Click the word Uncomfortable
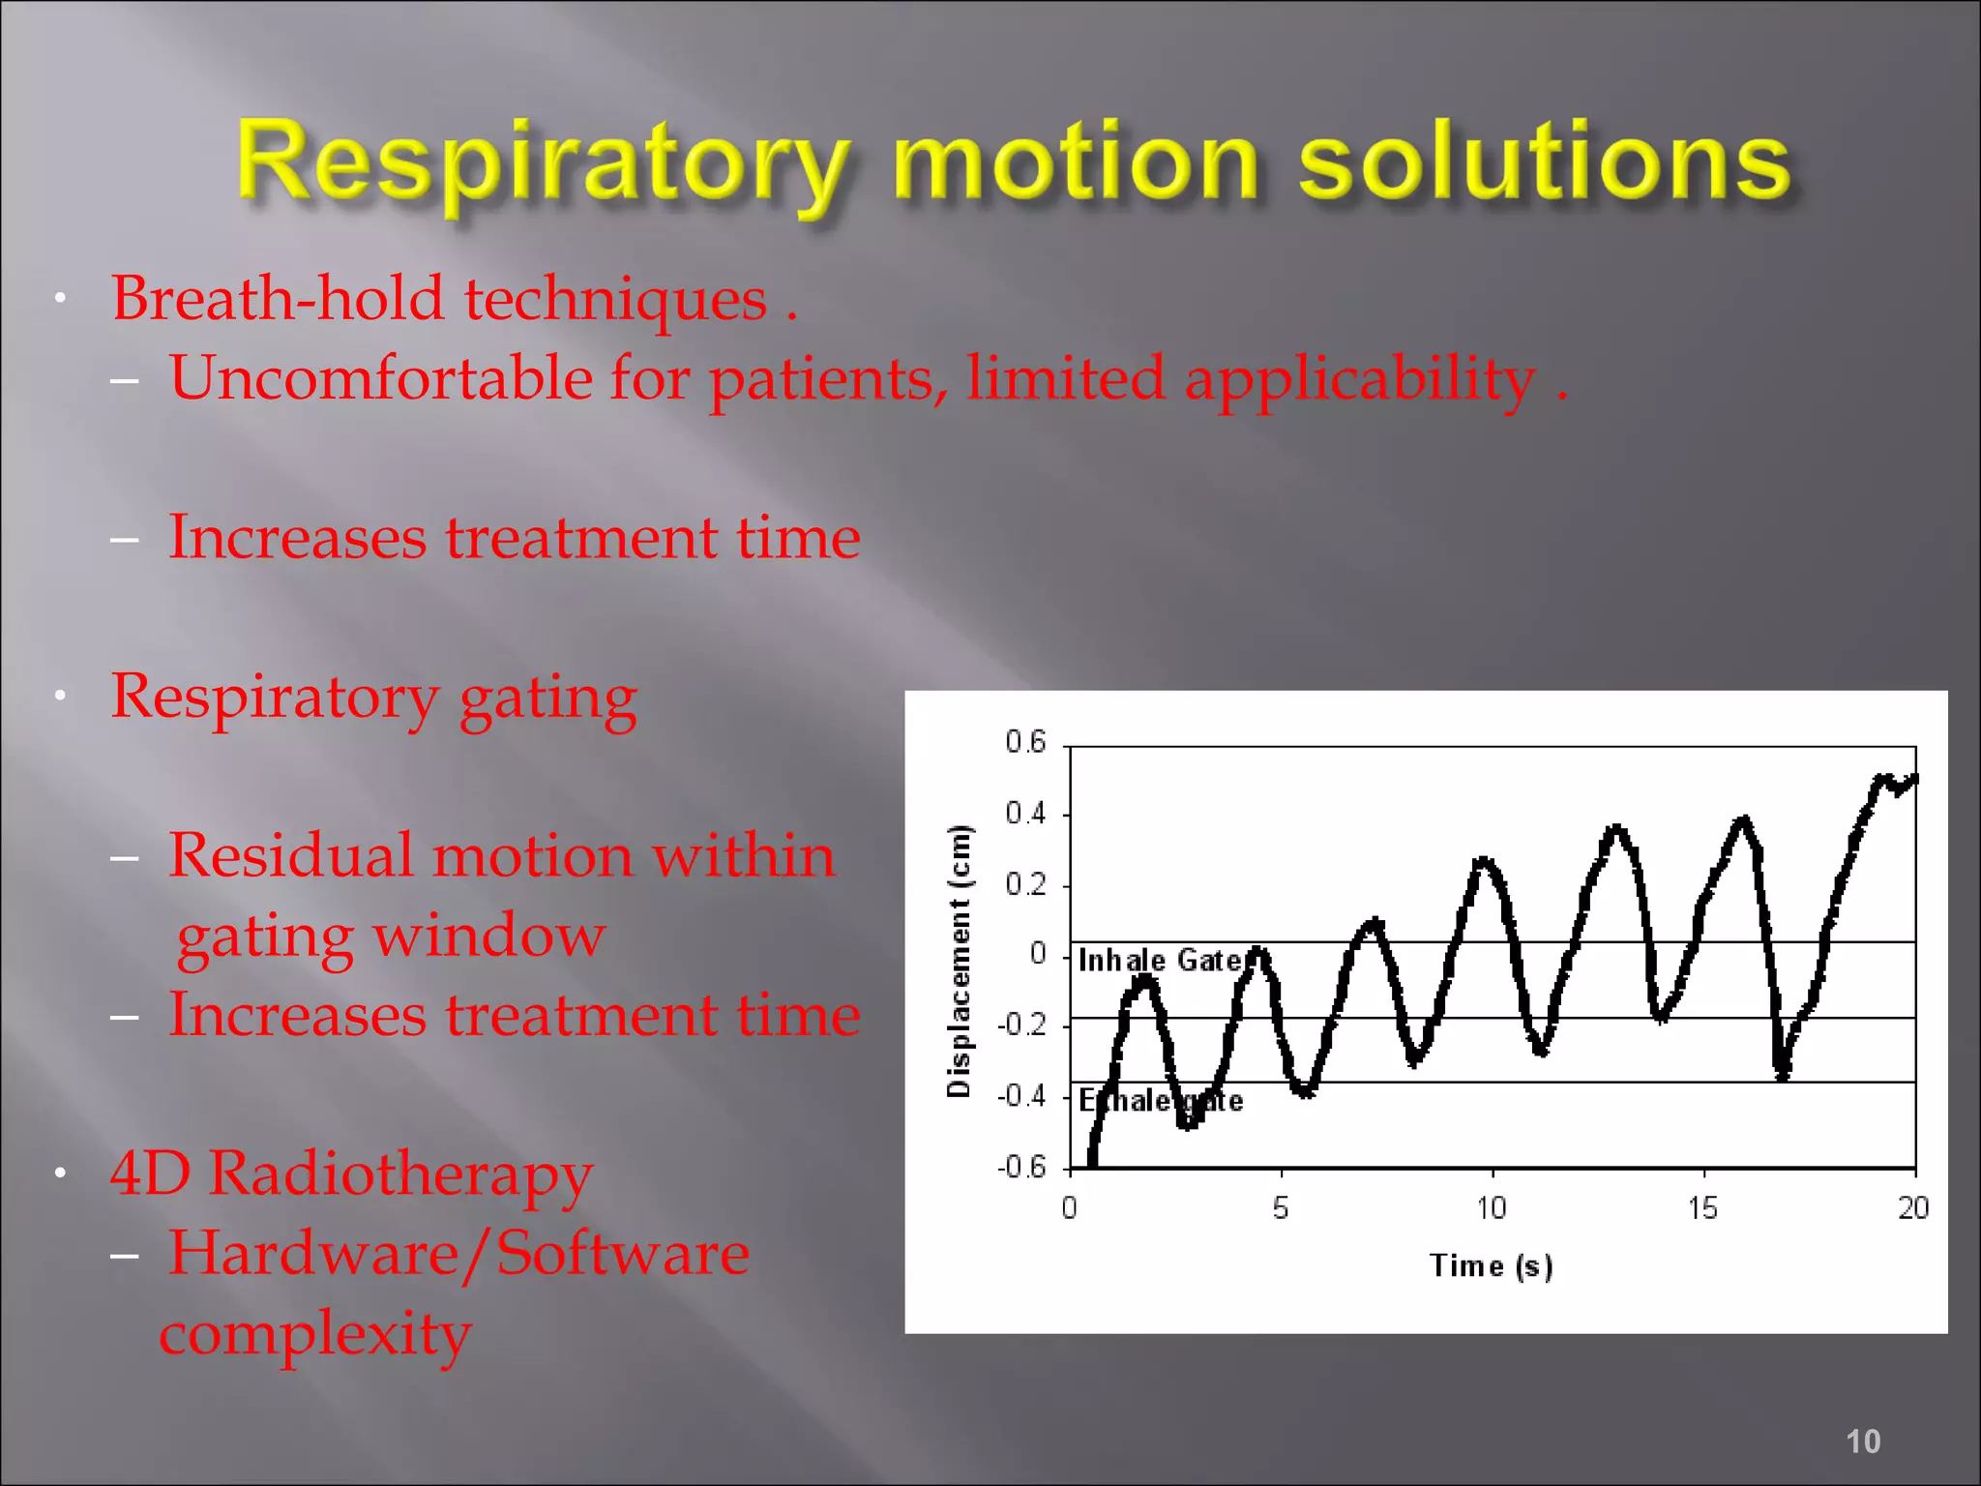tap(381, 378)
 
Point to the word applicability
tap(1359, 380)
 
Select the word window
tap(489, 936)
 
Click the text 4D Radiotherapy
tap(351, 1174)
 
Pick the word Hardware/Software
tap(458, 1254)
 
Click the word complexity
tap(315, 1335)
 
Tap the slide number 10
tap(1862, 1441)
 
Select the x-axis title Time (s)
tap(1491, 1265)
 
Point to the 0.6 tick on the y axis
tap(1025, 742)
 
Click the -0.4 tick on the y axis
tap(1022, 1096)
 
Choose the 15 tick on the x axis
tap(1702, 1208)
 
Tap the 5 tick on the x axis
tap(1281, 1208)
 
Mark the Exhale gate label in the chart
tap(1161, 1101)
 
